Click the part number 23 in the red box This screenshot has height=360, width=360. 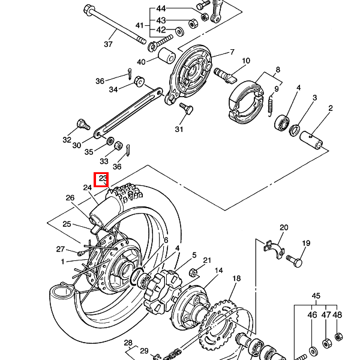click(x=103, y=178)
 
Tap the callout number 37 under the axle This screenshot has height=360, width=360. click(x=108, y=44)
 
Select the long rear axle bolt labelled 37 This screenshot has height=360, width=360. click(x=114, y=25)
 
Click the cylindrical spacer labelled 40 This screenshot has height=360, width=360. click(x=167, y=56)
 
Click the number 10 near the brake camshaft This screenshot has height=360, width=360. click(x=246, y=61)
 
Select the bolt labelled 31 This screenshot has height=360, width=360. click(x=186, y=108)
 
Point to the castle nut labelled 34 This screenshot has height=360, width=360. click(x=139, y=81)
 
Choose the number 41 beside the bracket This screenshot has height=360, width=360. click(x=140, y=25)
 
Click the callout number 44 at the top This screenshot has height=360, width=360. click(x=161, y=9)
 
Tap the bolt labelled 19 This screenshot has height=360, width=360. click(x=295, y=261)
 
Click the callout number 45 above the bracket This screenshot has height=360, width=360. click(x=316, y=296)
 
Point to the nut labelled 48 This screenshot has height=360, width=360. click(x=338, y=337)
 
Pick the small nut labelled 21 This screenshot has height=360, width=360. click(x=193, y=272)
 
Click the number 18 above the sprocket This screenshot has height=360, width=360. click(x=236, y=278)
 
